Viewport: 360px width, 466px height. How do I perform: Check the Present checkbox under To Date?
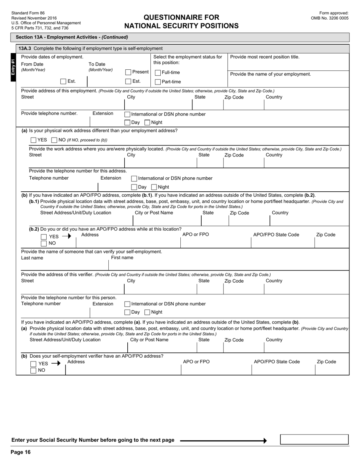coord(128,72)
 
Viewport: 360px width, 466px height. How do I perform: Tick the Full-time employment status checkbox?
coord(158,73)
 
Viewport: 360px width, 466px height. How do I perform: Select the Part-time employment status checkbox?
coord(158,82)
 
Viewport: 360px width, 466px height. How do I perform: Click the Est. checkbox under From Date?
coord(63,81)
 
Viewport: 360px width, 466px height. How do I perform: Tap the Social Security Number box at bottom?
coord(314,439)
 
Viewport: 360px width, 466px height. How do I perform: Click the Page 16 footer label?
coord(20,452)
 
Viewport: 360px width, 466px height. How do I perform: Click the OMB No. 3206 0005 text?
coord(330,18)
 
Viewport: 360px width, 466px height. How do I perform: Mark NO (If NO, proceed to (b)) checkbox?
coord(54,140)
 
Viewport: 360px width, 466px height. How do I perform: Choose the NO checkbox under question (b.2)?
coord(44,243)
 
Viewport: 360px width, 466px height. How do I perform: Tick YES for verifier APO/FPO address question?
coord(33,364)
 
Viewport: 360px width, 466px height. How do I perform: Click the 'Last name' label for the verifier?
coord(32,258)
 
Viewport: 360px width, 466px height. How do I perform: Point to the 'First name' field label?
coord(122,258)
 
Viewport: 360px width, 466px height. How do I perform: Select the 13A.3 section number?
coord(25,48)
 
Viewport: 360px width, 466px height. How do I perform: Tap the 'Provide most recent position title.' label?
coord(265,57)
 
